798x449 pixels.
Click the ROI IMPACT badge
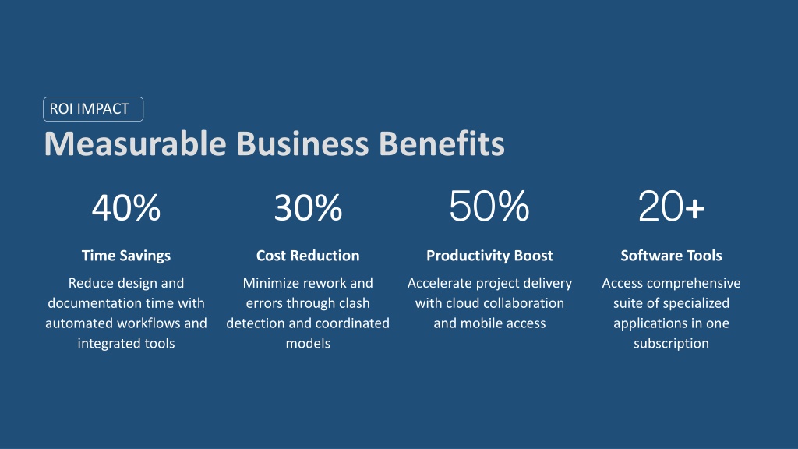94,109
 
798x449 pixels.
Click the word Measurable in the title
136,143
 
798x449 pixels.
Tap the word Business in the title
303,143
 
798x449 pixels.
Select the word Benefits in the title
442,143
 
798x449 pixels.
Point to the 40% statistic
126,207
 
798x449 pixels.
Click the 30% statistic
308,207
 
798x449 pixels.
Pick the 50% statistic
489,206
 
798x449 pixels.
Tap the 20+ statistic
671,206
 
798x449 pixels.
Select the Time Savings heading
126,256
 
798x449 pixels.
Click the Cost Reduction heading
308,256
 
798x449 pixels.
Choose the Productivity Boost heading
489,256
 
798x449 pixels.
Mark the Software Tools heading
671,256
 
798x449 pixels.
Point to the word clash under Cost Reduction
354,303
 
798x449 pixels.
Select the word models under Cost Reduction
308,344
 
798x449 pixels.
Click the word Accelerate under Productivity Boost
440,283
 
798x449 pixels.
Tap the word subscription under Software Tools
671,344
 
